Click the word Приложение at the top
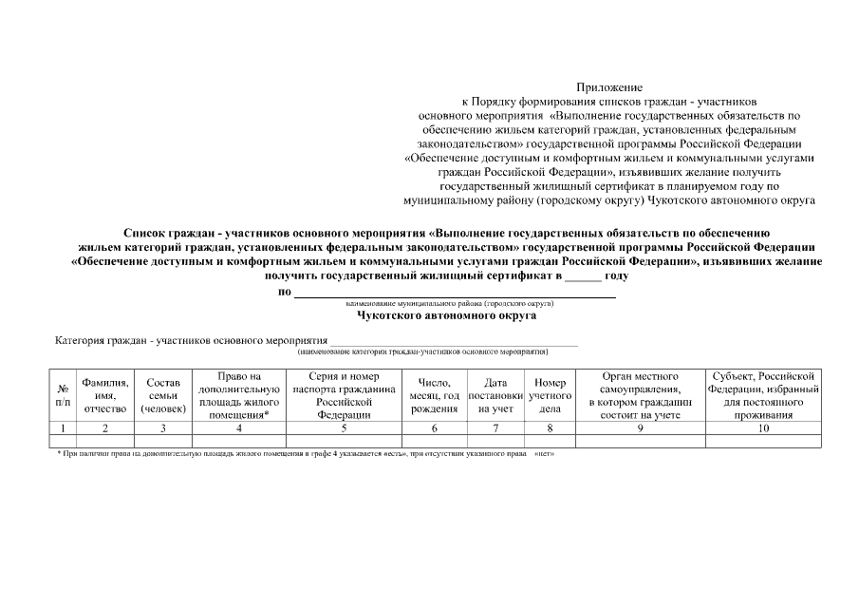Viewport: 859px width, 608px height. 608,86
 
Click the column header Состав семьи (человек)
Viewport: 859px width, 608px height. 162,395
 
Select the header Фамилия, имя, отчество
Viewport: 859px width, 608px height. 105,395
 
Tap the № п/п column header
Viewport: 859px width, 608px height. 63,395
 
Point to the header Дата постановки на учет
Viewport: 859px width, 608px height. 495,395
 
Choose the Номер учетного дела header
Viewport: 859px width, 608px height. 550,395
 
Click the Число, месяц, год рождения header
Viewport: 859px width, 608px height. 435,395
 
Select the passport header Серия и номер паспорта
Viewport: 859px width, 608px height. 344,395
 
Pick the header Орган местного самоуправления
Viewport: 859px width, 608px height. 640,395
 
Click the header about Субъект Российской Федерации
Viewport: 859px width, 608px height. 762,395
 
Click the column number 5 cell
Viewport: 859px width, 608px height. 344,428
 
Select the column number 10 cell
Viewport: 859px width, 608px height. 762,428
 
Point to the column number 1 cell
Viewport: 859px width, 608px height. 63,428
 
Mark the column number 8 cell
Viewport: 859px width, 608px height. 550,428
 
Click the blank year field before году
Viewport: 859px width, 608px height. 583,276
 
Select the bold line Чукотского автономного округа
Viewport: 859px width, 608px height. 446,314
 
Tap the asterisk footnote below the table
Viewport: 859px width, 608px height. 304,453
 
